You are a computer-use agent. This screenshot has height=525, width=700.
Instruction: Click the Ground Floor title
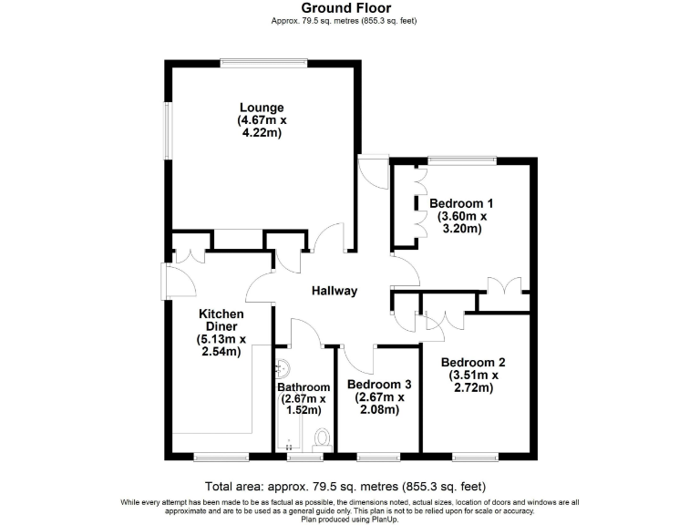click(345, 8)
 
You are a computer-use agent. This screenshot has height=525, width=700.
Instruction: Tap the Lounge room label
click(262, 108)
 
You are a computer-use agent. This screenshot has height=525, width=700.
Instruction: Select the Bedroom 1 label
click(461, 203)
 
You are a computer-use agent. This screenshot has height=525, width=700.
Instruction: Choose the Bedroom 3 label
click(375, 385)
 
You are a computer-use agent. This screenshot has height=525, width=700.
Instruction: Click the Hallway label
click(335, 292)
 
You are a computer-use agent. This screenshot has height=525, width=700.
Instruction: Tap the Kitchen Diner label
click(221, 320)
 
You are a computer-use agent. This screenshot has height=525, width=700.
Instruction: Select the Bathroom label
click(304, 386)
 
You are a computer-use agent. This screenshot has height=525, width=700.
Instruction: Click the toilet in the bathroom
click(320, 440)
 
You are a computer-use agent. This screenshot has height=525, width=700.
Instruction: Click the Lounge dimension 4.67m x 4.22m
click(262, 126)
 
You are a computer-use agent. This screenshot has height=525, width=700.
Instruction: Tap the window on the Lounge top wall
click(250, 63)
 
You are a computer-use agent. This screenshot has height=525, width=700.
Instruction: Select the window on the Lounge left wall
click(167, 129)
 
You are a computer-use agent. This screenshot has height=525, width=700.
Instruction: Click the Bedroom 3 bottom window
click(376, 455)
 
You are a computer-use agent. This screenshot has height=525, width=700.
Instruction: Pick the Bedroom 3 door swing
click(360, 359)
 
